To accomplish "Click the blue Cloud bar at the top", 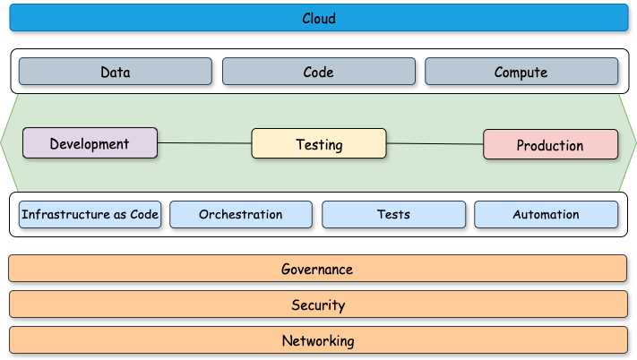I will pyautogui.click(x=318, y=18).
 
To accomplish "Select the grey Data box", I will pyautogui.click(x=115, y=72).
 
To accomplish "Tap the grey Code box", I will pyautogui.click(x=318, y=72).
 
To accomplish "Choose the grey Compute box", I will pyautogui.click(x=521, y=72).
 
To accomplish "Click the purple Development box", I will pyautogui.click(x=90, y=143).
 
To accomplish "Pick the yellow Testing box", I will pyautogui.click(x=318, y=144).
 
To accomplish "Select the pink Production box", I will pyautogui.click(x=550, y=145).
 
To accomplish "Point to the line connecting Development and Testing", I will pyautogui.click(x=204, y=142).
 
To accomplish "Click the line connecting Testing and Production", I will pyautogui.click(x=435, y=143).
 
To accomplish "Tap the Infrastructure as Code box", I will pyautogui.click(x=90, y=214).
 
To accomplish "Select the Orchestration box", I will pyautogui.click(x=240, y=214).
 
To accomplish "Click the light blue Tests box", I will pyautogui.click(x=393, y=214).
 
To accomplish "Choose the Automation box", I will pyautogui.click(x=546, y=214).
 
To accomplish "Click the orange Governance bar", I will pyautogui.click(x=318, y=269).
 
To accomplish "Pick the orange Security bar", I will pyautogui.click(x=318, y=304).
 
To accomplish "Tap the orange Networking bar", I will pyautogui.click(x=318, y=340).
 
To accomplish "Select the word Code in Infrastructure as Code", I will pyautogui.click(x=145, y=214).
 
